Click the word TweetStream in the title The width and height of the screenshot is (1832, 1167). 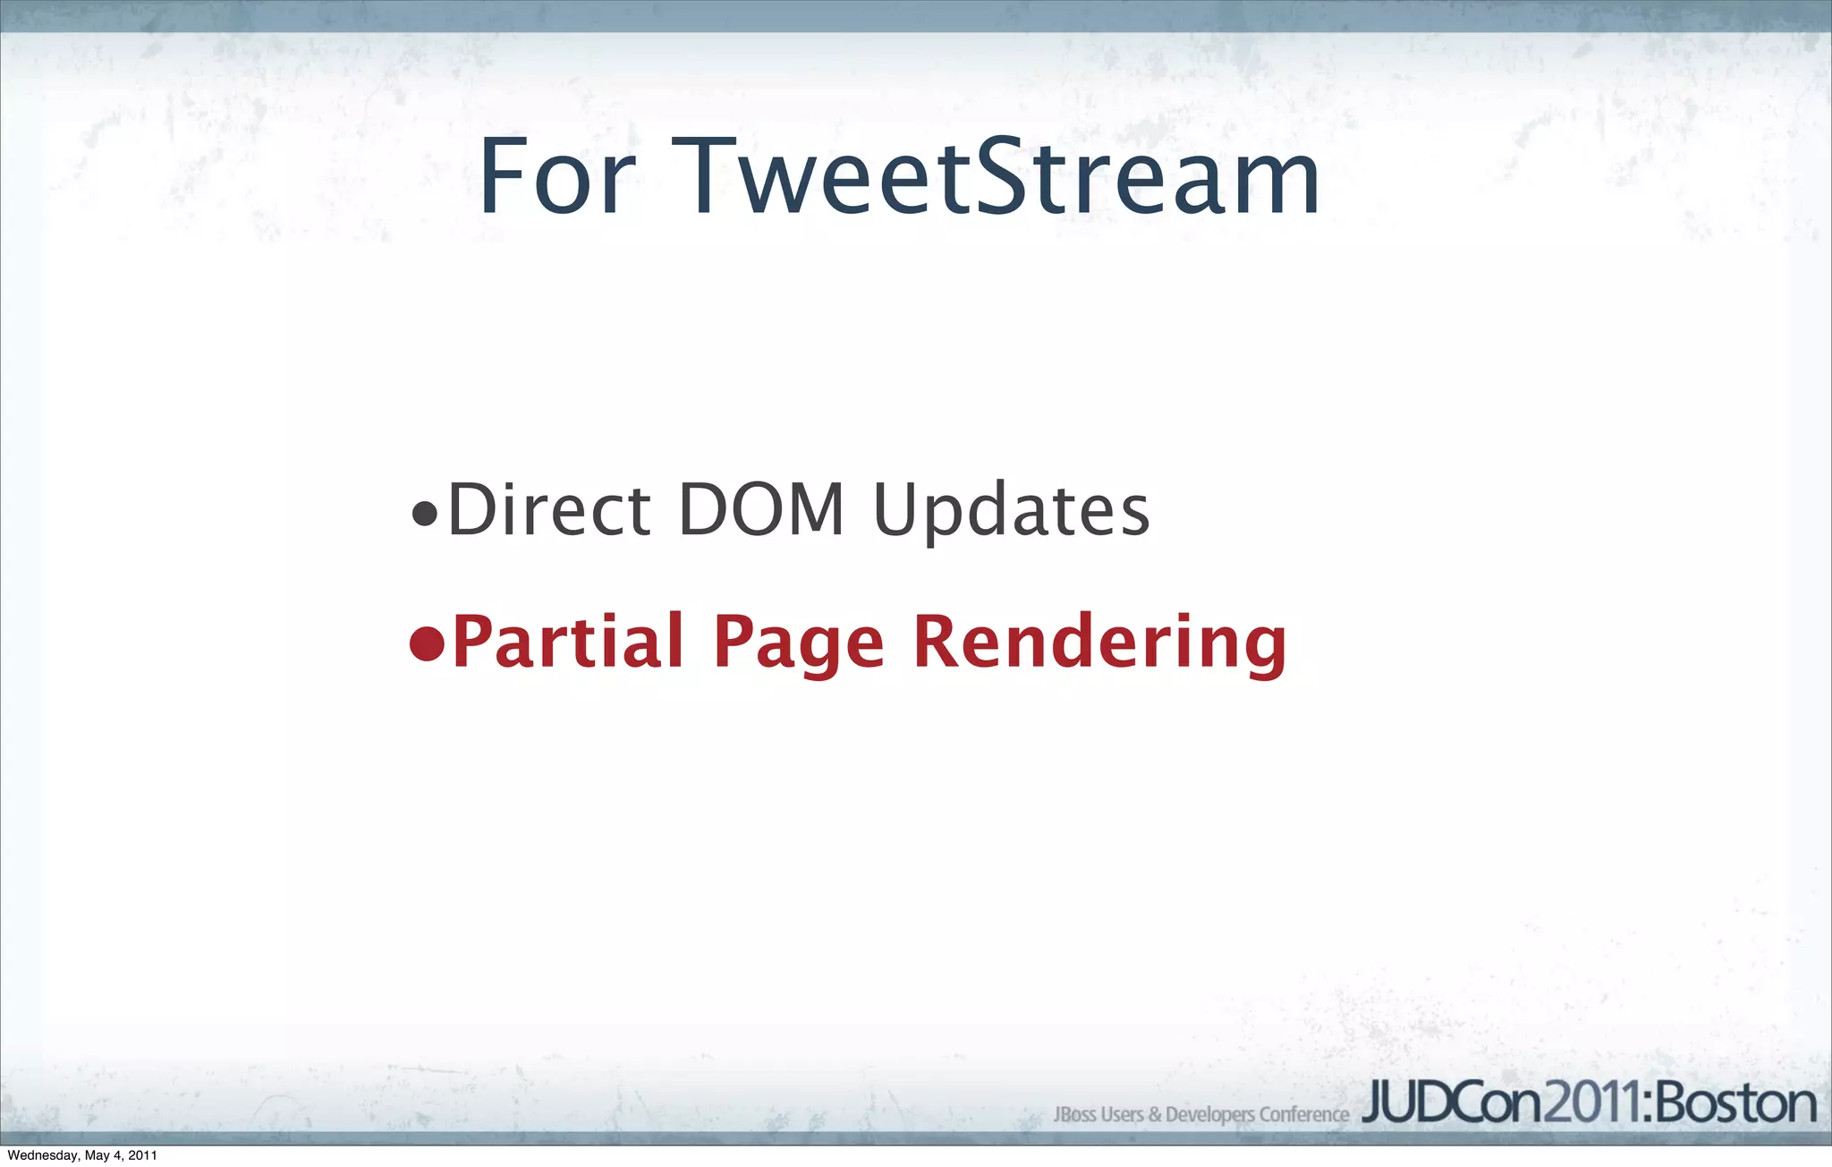[x=996, y=177]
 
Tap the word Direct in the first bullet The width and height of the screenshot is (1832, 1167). [x=548, y=510]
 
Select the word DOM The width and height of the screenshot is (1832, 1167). [x=761, y=510]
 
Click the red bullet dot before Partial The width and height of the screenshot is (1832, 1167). [x=427, y=643]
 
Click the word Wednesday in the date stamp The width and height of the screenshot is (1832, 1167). [x=43, y=1155]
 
